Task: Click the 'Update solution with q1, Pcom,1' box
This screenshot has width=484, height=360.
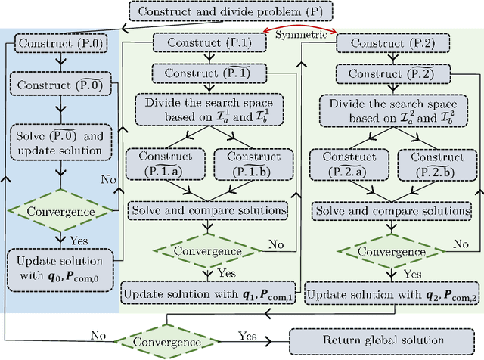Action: tap(208, 293)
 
